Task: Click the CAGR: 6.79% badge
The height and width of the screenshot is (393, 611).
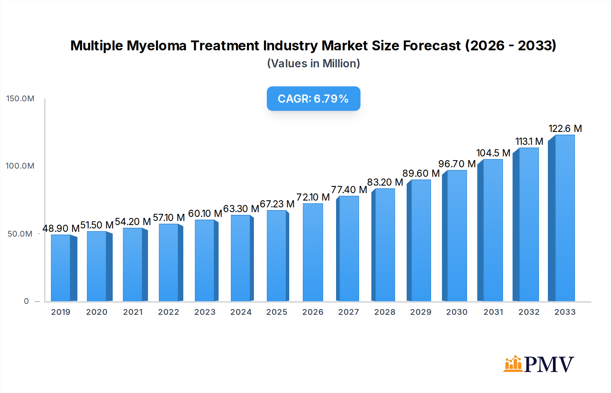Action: pos(313,99)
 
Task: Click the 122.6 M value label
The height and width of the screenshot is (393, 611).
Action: pos(565,129)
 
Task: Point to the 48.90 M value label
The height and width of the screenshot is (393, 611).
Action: pos(61,228)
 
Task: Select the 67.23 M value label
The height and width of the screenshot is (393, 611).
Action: pos(277,204)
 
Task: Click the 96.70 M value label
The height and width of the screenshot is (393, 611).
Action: pos(457,164)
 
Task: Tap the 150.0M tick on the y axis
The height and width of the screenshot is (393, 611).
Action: pos(20,99)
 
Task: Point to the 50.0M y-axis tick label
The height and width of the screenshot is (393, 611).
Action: pos(20,234)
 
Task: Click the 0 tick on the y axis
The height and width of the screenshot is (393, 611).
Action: pos(26,301)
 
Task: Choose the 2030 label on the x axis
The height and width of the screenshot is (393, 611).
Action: pos(457,312)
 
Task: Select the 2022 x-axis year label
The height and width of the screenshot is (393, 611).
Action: pos(169,312)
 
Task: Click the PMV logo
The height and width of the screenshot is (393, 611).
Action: pos(539,364)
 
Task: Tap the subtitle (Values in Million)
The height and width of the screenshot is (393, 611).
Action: pos(313,64)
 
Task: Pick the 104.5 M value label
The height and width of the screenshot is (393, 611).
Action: pos(493,153)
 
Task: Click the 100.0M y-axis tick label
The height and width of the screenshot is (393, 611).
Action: pos(20,166)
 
